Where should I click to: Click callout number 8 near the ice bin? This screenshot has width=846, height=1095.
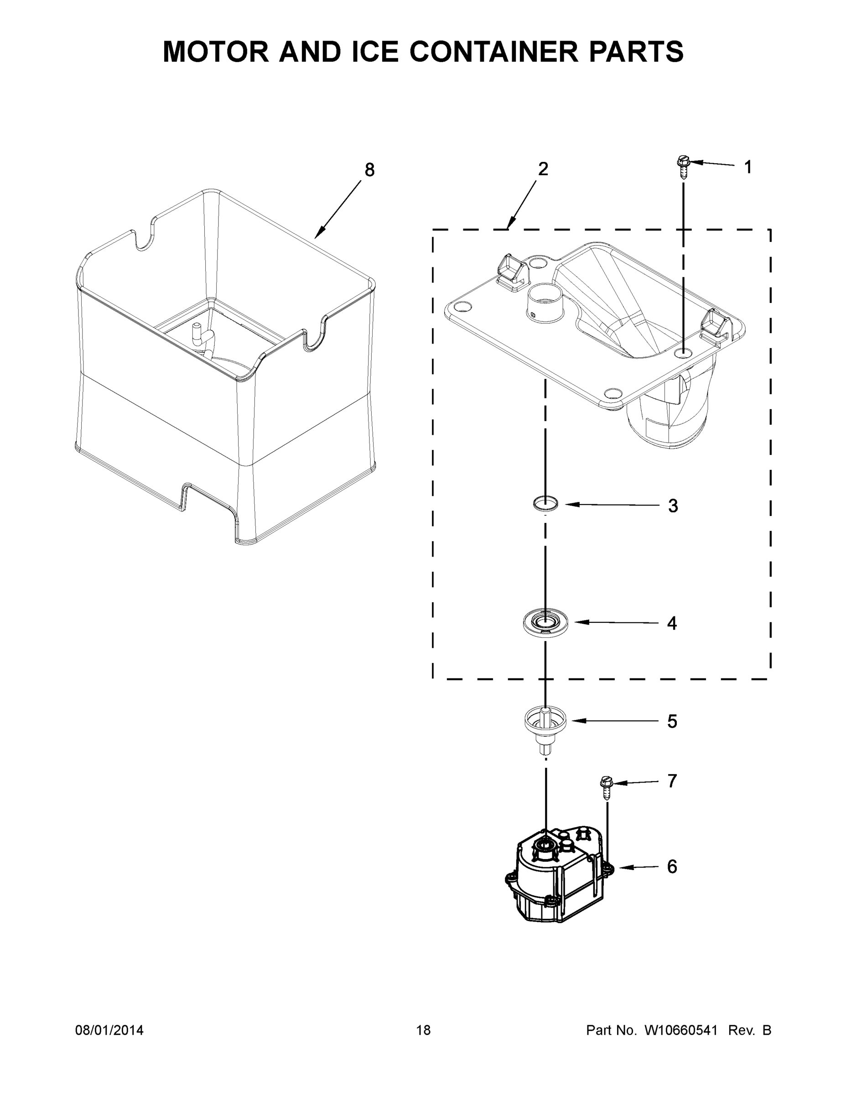(369, 171)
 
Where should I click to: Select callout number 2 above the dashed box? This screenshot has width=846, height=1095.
(543, 169)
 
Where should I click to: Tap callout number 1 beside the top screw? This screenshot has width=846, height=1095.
(748, 167)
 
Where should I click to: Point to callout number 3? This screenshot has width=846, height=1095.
(673, 506)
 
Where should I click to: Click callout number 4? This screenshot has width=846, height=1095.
(672, 623)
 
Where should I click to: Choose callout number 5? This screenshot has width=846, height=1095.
(672, 721)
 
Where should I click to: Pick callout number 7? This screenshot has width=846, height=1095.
(672, 781)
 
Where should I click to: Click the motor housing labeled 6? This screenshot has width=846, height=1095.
(556, 877)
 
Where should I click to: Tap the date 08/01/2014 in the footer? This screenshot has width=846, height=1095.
(109, 1030)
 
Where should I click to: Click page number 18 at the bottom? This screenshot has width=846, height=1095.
(424, 1030)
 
